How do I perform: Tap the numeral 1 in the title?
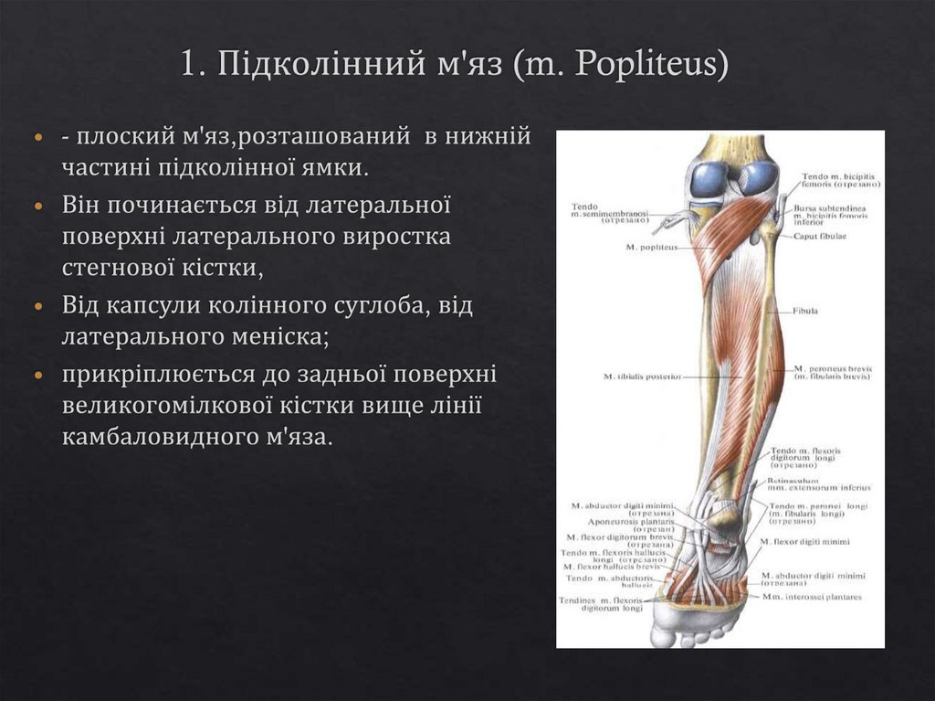(x=188, y=66)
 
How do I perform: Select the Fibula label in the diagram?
(x=805, y=311)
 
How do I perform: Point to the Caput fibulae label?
(x=820, y=236)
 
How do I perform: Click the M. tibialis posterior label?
(x=643, y=376)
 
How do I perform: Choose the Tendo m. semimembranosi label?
(x=609, y=213)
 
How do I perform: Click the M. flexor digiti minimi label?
(x=810, y=541)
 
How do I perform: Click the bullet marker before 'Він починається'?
(x=38, y=204)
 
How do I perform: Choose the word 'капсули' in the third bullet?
(x=163, y=304)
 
